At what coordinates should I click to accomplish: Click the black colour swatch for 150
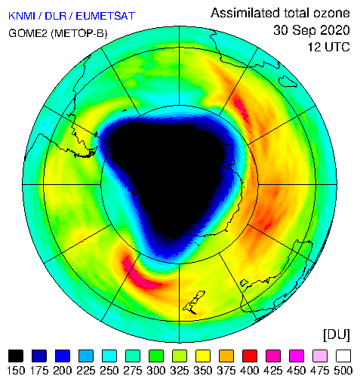tap(16, 356)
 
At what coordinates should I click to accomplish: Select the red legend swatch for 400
tap(250, 356)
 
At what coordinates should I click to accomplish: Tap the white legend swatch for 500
tap(343, 356)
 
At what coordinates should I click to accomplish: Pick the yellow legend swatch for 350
tap(203, 356)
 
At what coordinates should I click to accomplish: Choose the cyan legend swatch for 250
tap(109, 356)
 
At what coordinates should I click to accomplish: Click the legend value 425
tap(272, 371)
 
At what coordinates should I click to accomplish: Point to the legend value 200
tap(62, 371)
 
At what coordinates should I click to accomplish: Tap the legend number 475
tap(319, 371)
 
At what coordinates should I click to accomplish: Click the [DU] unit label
tap(337, 335)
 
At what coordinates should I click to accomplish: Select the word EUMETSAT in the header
tap(106, 16)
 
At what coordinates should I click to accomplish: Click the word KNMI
tap(22, 16)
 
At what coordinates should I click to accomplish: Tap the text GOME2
tap(28, 33)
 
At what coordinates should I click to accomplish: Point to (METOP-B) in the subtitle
tap(79, 33)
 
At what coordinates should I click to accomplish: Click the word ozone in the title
tap(331, 13)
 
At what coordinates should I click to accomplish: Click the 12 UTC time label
tap(329, 47)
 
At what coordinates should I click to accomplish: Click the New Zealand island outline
tap(194, 303)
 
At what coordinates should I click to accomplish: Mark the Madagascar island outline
tap(288, 82)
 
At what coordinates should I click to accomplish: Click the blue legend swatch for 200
tap(63, 356)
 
